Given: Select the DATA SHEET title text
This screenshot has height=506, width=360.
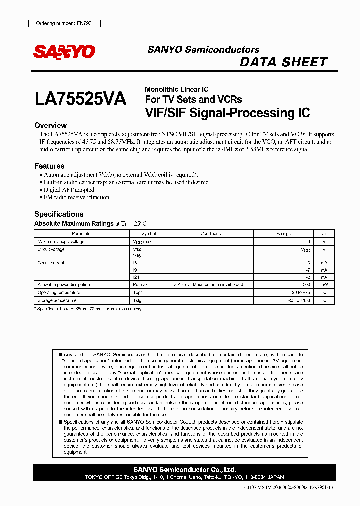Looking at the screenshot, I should [283, 62].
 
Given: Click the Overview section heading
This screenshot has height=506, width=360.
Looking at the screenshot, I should [50, 125].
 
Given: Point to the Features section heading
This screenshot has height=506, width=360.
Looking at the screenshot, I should [49, 166].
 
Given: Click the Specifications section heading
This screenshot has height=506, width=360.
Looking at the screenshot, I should [59, 214].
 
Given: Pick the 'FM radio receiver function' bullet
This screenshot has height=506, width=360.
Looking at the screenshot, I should [77, 197].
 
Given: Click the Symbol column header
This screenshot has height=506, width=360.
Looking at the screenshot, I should [149, 233].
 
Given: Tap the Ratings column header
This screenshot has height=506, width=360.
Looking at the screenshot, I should [283, 233].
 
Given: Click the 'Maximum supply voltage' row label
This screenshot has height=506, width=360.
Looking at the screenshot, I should [61, 241].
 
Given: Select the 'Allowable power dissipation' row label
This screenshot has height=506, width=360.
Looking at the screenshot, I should [63, 284].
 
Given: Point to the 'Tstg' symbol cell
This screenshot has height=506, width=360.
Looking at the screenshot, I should [138, 300].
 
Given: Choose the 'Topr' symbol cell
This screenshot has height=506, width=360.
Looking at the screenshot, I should [138, 292].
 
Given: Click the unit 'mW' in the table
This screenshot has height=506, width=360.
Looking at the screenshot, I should [324, 284].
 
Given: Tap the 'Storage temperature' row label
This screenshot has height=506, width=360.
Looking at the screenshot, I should [57, 300].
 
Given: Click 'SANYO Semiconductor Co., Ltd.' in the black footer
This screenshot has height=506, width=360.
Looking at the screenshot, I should [185, 470].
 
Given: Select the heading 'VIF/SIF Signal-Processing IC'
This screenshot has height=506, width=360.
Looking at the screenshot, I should [227, 113].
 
